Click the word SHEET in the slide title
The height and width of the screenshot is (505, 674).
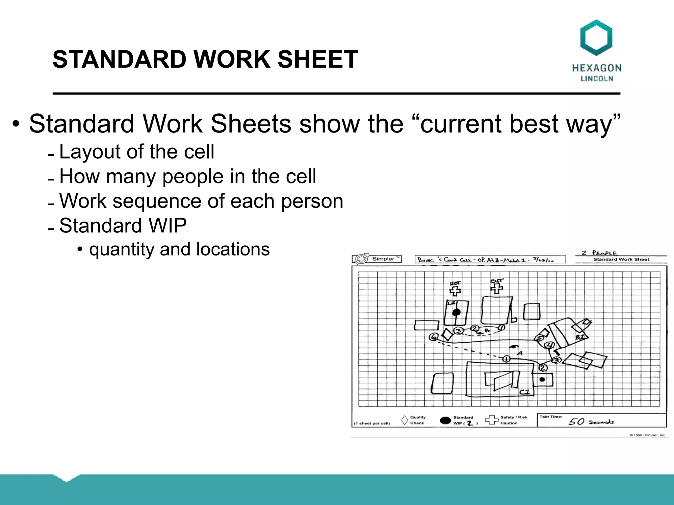click(318, 60)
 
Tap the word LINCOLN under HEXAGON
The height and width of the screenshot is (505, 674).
click(597, 79)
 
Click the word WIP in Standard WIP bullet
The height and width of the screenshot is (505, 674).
click(168, 226)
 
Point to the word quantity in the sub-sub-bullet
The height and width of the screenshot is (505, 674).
click(121, 249)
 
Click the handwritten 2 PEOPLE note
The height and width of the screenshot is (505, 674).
click(599, 253)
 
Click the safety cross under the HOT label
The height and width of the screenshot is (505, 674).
click(455, 291)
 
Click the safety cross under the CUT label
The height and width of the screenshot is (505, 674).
click(496, 288)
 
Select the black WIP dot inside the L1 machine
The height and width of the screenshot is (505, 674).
click(456, 312)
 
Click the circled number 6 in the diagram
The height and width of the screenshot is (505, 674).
click(434, 337)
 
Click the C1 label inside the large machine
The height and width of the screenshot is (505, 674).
click(524, 392)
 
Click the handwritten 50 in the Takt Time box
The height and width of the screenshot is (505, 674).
click(577, 421)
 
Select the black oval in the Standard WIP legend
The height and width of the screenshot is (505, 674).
click(445, 421)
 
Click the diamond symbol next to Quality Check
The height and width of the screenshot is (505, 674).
click(404, 420)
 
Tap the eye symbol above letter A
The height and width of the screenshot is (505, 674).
click(513, 347)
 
